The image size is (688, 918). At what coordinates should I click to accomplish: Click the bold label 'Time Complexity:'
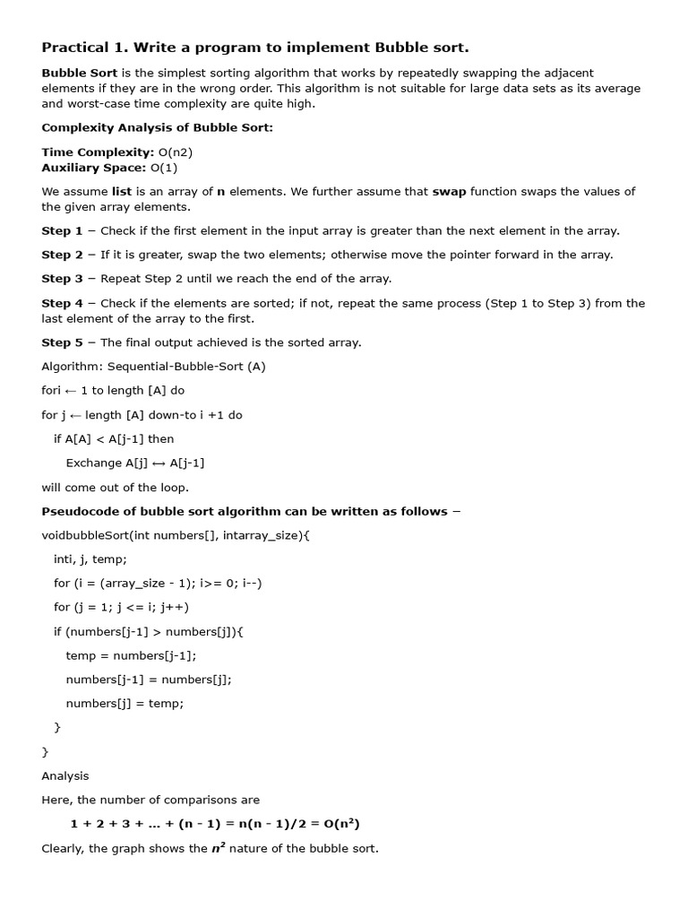(97, 152)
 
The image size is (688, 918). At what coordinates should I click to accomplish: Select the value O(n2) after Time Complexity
(175, 152)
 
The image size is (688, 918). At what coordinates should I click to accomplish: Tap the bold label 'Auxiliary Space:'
(93, 168)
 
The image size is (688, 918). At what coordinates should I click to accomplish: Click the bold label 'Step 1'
(62, 231)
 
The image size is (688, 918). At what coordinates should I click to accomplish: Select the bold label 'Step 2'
(62, 255)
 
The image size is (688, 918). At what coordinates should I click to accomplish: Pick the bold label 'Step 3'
(62, 279)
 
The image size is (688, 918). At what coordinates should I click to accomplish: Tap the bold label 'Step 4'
(62, 303)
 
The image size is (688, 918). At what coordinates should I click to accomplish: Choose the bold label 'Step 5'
(62, 342)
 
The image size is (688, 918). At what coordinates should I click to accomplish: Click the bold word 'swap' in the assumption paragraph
(449, 192)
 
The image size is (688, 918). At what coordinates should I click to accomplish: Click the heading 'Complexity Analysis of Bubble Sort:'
(157, 128)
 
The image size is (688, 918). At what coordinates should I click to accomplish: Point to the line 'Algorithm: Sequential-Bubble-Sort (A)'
(153, 367)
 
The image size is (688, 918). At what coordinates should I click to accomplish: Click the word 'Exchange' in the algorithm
(93, 463)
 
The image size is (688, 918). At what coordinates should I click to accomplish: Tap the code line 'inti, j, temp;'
(90, 559)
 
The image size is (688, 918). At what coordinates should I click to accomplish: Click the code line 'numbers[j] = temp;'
(125, 704)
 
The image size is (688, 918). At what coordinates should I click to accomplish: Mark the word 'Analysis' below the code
(65, 775)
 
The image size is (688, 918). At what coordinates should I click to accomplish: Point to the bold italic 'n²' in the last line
(218, 847)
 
